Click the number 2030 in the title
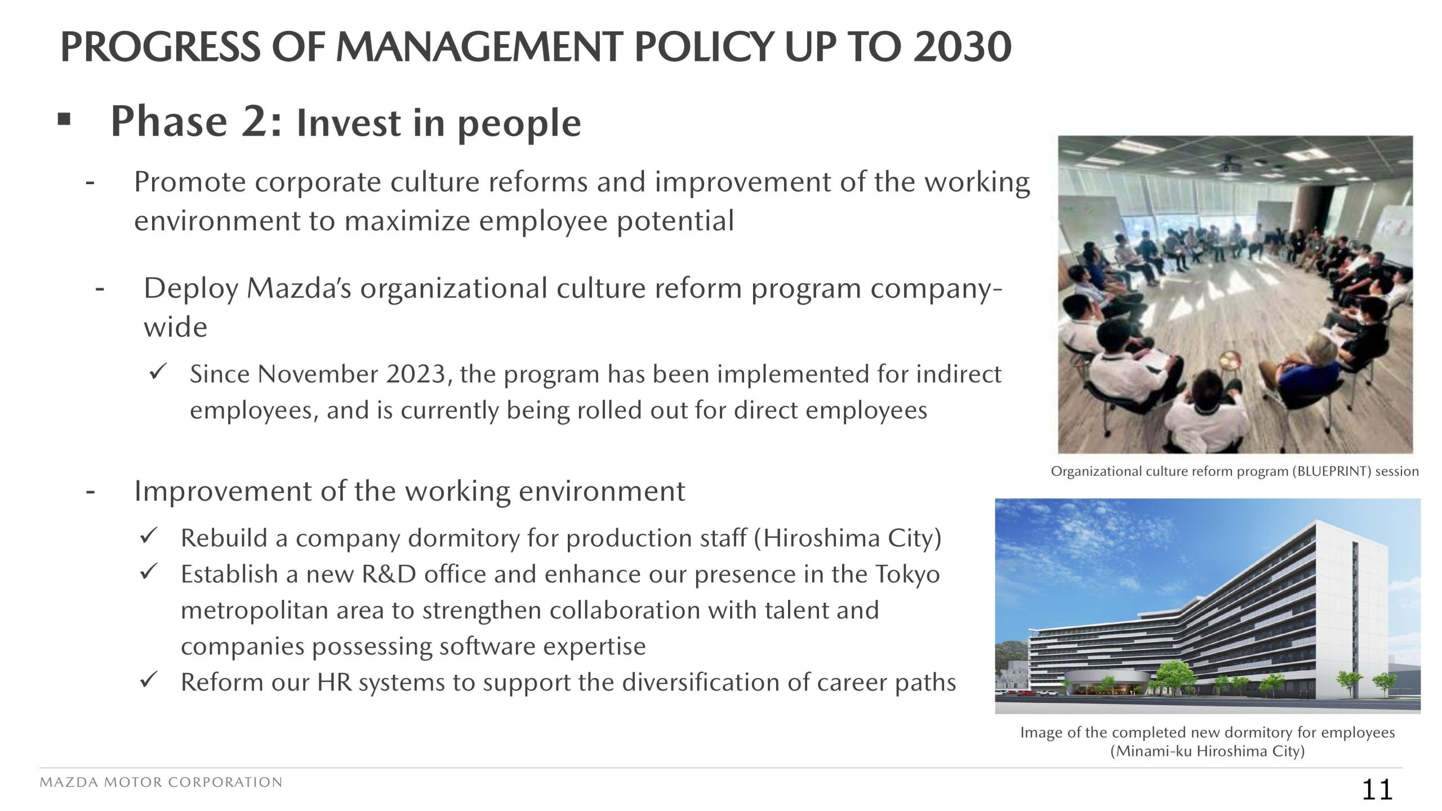(962, 47)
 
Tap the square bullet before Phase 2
(64, 119)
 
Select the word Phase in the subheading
(169, 121)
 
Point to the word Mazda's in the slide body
(299, 288)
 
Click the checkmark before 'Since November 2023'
(157, 372)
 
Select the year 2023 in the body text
(416, 375)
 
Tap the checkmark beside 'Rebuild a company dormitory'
(148, 536)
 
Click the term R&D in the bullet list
(389, 574)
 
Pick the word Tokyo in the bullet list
(907, 575)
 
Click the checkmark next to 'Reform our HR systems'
(148, 680)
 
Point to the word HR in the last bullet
(335, 683)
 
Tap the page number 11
(1377, 790)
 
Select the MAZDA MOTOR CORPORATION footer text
(161, 782)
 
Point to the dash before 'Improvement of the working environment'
(90, 492)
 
